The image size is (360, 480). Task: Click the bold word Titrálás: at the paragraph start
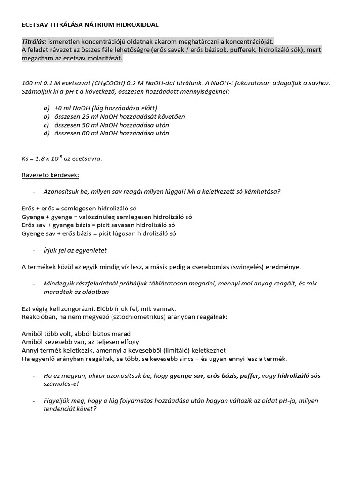coord(34,41)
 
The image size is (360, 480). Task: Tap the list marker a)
coord(46,108)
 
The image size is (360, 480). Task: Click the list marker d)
coord(46,133)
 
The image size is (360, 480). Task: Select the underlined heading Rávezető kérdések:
coord(51,175)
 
